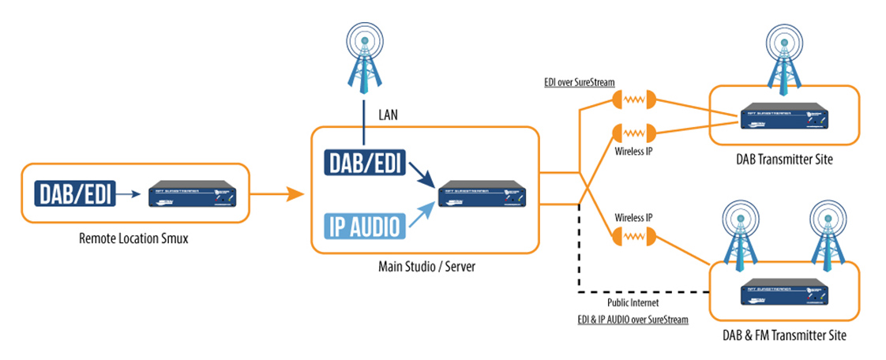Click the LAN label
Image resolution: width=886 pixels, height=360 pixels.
[x=387, y=114]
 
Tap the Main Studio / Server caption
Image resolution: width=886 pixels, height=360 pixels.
[x=426, y=266]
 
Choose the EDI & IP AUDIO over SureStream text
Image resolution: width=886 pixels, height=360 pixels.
[x=632, y=321]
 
